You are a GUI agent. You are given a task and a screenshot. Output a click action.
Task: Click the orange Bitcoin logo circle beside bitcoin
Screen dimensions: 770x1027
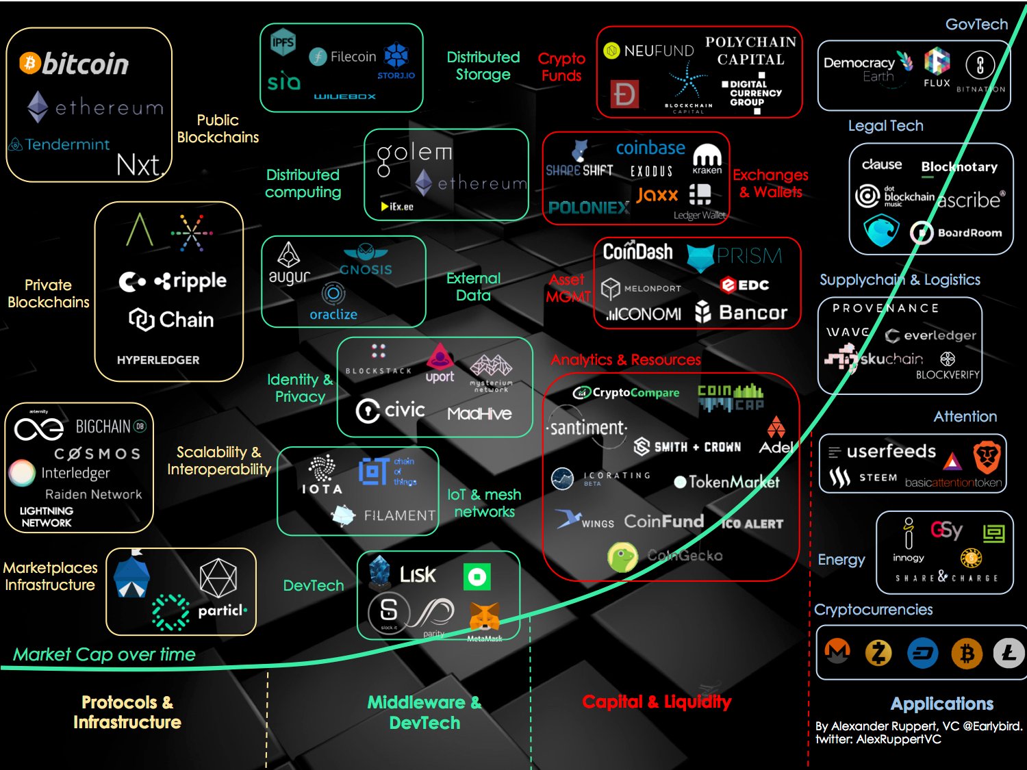[x=29, y=63]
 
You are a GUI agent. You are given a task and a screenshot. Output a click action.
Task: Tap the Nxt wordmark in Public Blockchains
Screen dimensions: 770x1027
[x=139, y=165]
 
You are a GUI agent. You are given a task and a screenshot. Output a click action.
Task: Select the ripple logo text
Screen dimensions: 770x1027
[x=191, y=281]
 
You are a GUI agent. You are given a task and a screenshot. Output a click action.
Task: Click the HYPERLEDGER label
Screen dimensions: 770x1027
[x=158, y=360]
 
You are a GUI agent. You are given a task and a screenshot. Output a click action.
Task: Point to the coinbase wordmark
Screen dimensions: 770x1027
[x=650, y=148]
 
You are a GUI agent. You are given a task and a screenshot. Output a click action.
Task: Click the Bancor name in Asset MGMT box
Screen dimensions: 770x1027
[x=752, y=313]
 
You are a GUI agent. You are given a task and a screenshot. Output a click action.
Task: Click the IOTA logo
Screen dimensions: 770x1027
[x=322, y=476]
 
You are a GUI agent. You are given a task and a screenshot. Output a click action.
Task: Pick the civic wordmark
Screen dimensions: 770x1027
[x=404, y=410]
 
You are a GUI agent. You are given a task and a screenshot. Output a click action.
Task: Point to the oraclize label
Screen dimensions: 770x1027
[x=333, y=315]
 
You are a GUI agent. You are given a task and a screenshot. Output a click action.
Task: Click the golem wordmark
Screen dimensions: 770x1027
[x=414, y=153]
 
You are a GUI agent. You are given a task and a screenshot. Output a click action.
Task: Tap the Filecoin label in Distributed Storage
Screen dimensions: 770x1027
[x=353, y=57]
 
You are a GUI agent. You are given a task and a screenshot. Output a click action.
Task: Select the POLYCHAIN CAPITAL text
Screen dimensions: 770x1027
[x=751, y=51]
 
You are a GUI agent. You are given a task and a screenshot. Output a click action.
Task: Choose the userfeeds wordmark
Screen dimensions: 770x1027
[x=891, y=452]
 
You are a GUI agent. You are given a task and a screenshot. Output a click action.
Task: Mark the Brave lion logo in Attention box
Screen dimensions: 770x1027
[x=987, y=457]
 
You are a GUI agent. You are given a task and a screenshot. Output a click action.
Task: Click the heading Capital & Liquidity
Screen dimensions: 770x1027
[x=657, y=702]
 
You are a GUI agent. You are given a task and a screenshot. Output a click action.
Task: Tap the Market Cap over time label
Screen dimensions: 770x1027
[x=105, y=655]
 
